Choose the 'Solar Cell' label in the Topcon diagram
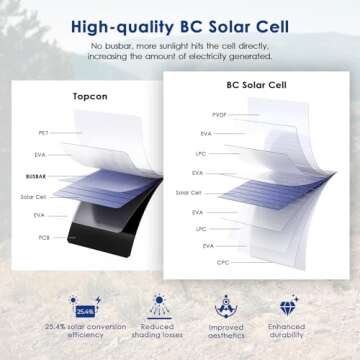pos(39,196)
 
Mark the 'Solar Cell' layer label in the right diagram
pos(189,192)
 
